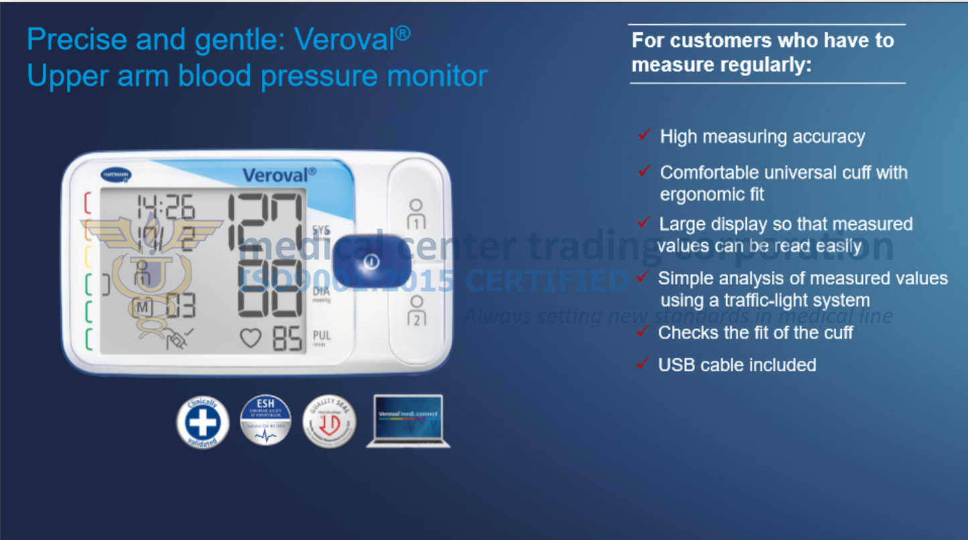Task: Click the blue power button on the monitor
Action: tap(372, 262)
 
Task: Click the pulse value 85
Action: tap(287, 339)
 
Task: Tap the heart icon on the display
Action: tap(251, 339)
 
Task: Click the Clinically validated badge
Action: tap(202, 422)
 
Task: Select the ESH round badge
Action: tap(265, 421)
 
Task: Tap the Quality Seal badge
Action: tap(329, 422)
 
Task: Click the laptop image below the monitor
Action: tap(408, 422)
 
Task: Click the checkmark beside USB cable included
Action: tap(642, 364)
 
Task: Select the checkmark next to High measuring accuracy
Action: tap(644, 135)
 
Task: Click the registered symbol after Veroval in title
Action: tap(403, 32)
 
